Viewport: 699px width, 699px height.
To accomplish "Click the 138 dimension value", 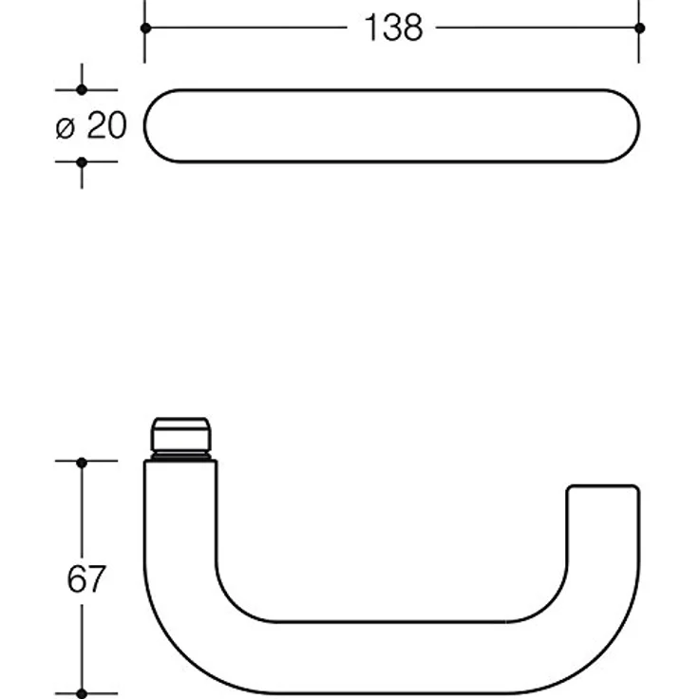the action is point(393,28).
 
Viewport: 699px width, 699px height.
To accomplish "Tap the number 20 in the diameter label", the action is point(107,125).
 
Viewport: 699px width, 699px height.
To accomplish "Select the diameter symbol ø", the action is point(66,128).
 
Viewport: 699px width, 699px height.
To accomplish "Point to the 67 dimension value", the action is point(86,578).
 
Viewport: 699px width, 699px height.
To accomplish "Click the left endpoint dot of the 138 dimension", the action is point(145,28).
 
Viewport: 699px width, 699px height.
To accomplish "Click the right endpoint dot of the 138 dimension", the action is point(639,28).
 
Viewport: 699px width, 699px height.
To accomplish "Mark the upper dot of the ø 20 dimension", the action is point(82,89).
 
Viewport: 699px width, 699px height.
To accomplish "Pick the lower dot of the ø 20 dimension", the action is point(82,162).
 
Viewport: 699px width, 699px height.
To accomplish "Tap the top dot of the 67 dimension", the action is point(82,463).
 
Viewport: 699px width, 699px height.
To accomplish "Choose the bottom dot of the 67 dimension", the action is point(82,693).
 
